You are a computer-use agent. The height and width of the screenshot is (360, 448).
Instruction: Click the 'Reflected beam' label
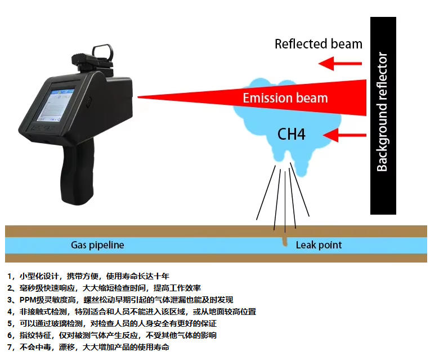click(x=319, y=44)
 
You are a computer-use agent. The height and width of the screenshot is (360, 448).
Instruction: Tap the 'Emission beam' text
click(x=285, y=98)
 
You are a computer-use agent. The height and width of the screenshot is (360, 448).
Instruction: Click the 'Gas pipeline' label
click(x=97, y=245)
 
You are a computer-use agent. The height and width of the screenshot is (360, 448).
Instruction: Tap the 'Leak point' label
click(x=319, y=245)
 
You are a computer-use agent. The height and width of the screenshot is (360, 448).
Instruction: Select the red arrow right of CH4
click(x=344, y=135)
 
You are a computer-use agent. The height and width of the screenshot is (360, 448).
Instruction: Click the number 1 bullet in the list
click(x=9, y=277)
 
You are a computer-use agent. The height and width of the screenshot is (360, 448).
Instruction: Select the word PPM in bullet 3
click(x=28, y=300)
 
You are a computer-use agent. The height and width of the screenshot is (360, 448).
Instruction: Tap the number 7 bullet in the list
click(x=9, y=347)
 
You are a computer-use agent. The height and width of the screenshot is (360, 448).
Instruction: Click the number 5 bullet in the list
click(x=9, y=323)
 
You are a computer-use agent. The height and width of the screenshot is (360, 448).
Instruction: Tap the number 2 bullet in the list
click(x=9, y=288)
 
